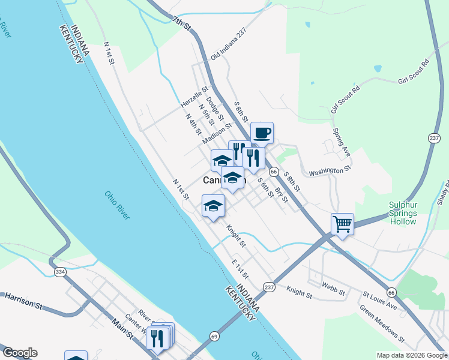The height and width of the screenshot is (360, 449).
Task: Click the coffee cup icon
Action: (x=262, y=133)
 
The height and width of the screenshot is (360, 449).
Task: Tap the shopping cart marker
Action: (x=342, y=224)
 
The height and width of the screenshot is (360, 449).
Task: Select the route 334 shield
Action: (x=59, y=272)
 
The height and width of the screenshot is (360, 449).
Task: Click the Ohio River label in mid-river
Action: (x=117, y=205)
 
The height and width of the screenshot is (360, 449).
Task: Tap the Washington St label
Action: (x=329, y=172)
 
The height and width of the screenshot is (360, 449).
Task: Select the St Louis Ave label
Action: (x=380, y=302)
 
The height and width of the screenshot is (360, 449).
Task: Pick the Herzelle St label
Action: (x=194, y=97)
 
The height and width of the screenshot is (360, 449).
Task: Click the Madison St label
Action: (x=217, y=134)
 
